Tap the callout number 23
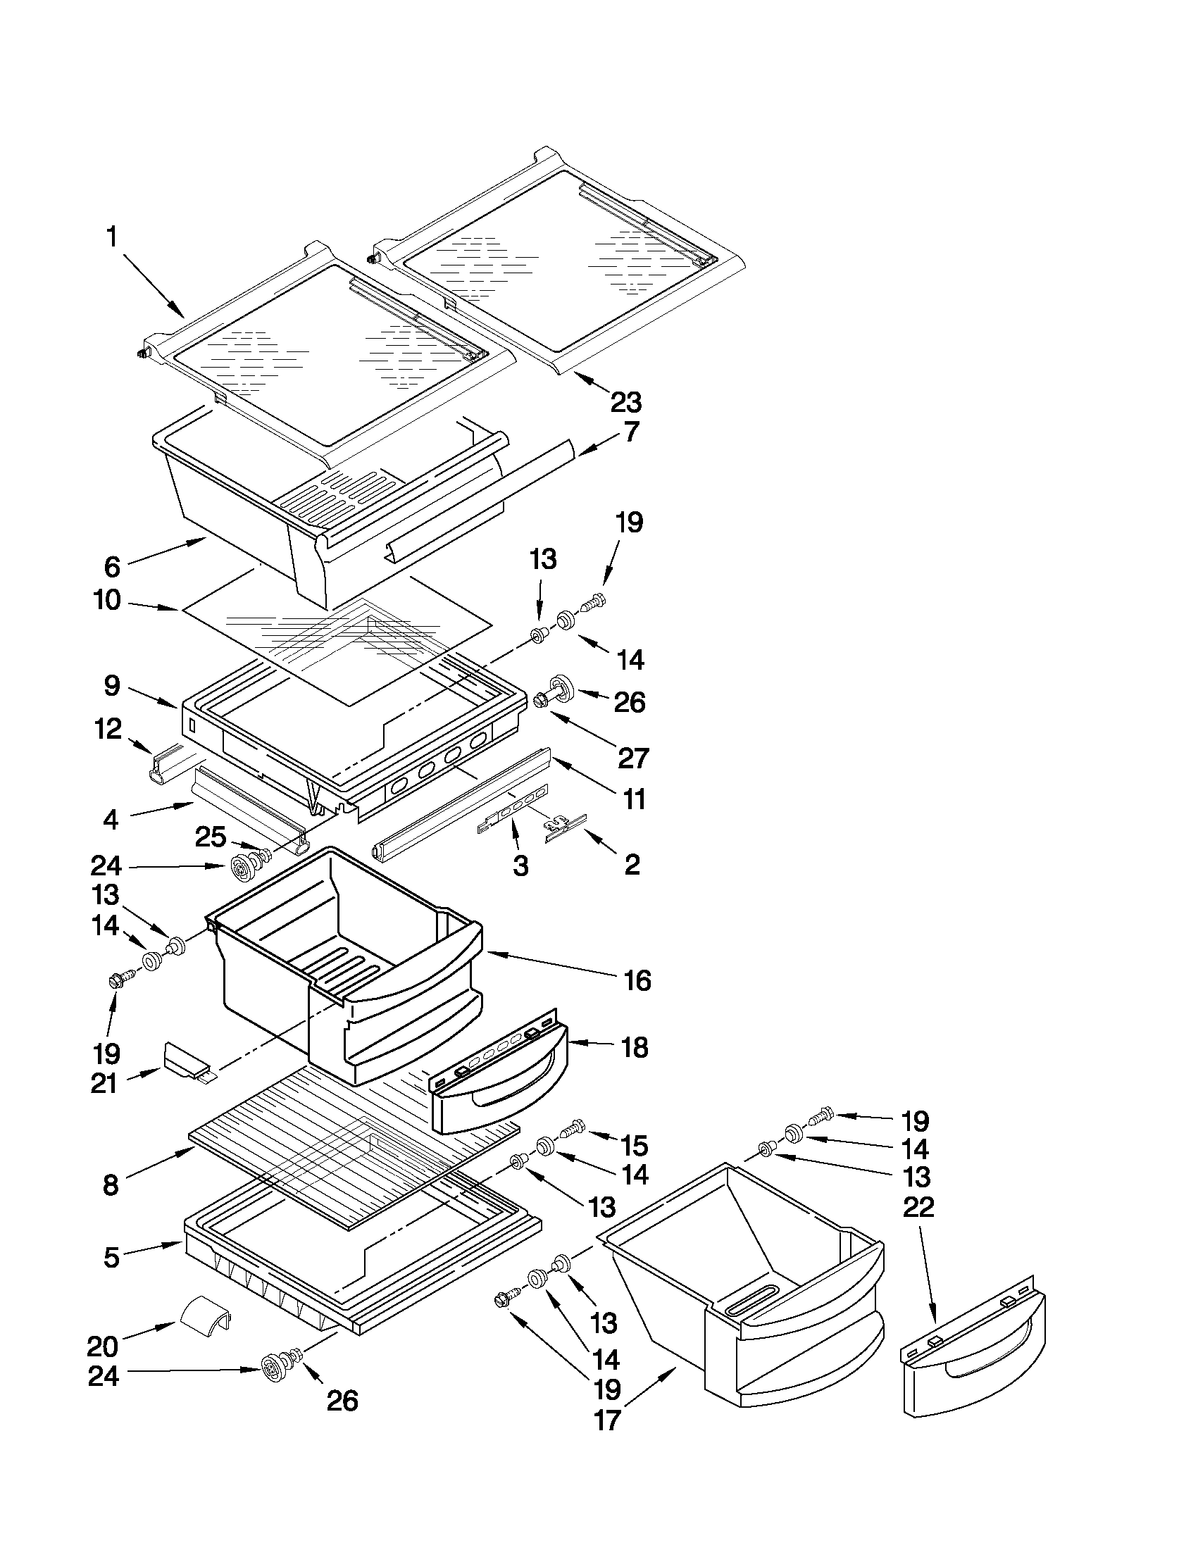(x=626, y=401)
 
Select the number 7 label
(x=631, y=432)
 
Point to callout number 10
(x=107, y=601)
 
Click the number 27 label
(x=632, y=758)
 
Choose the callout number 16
(x=637, y=981)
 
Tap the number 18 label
(x=634, y=1047)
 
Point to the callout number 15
(x=634, y=1145)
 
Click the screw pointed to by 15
(x=572, y=1127)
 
